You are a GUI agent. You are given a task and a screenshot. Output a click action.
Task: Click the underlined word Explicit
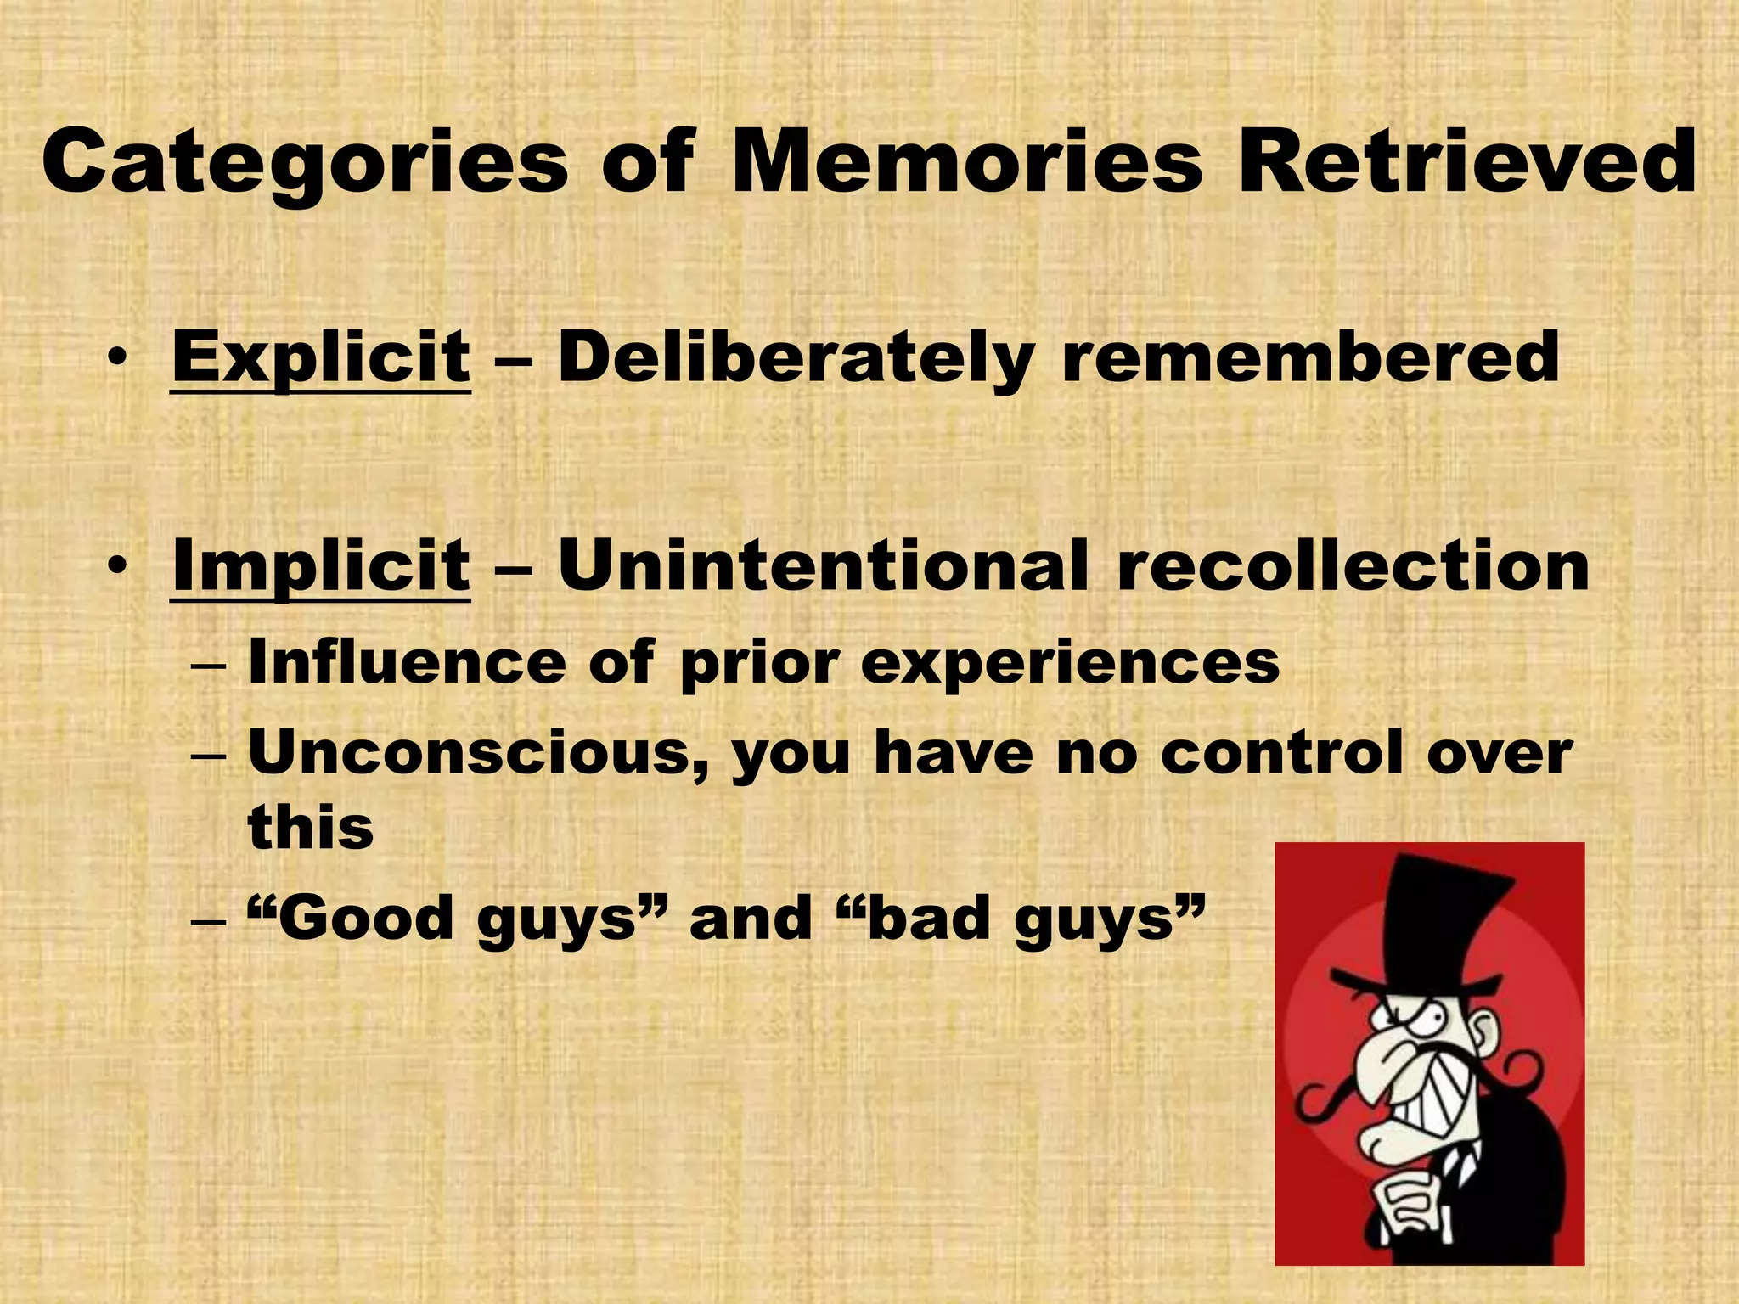[x=321, y=359]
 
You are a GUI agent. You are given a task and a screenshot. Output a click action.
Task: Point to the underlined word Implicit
[x=321, y=566]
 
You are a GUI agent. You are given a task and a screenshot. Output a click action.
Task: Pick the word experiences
[x=1070, y=664]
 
